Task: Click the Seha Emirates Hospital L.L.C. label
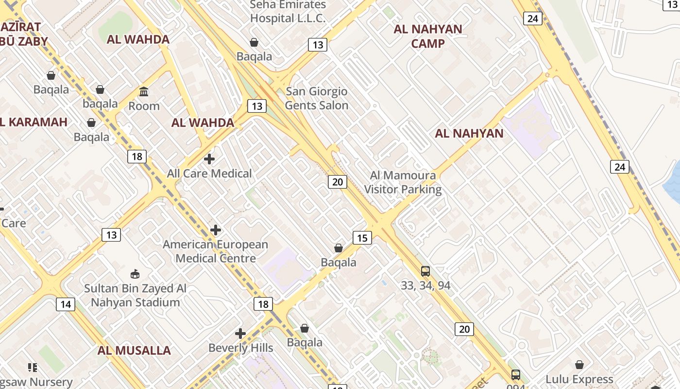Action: (288, 12)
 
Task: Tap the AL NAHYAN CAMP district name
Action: (427, 36)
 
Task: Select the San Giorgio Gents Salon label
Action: (317, 98)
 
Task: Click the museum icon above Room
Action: (144, 91)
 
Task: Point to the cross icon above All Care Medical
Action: (209, 159)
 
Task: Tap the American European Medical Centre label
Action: (215, 251)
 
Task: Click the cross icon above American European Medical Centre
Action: (216, 230)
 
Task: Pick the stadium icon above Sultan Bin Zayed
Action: (135, 274)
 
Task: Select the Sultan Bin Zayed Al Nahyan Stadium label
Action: (135, 295)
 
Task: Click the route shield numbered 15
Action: (362, 238)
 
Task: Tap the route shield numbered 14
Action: (65, 304)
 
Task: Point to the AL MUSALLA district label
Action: (134, 351)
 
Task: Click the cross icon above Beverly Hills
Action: (240, 334)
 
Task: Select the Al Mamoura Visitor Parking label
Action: (403, 182)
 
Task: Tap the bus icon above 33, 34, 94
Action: (425, 271)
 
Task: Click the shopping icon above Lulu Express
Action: (579, 365)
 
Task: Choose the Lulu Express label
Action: (579, 379)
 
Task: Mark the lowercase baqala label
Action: (100, 104)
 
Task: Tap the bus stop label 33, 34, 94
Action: (425, 285)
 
